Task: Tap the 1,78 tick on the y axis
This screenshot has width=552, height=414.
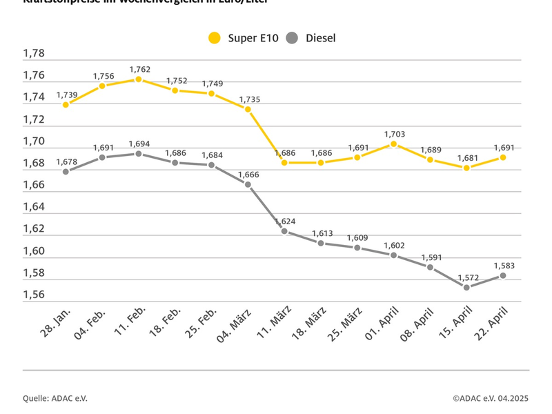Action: pyautogui.click(x=34, y=53)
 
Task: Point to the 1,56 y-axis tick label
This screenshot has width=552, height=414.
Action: pyautogui.click(x=34, y=295)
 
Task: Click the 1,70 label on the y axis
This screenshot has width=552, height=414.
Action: pyautogui.click(x=34, y=141)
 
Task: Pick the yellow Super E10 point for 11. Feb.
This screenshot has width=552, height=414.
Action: pyautogui.click(x=139, y=79)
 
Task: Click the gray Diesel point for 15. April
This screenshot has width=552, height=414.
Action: pyautogui.click(x=466, y=287)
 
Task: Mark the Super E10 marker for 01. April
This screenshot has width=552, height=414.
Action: pyautogui.click(x=393, y=144)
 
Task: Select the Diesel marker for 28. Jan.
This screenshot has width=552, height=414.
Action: pyautogui.click(x=66, y=171)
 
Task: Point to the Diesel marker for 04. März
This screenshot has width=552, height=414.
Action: pyautogui.click(x=248, y=184)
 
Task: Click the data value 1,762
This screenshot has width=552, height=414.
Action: pyautogui.click(x=139, y=69)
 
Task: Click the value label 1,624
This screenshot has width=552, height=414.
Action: pyautogui.click(x=285, y=221)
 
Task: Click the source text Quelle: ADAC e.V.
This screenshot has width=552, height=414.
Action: pyautogui.click(x=55, y=398)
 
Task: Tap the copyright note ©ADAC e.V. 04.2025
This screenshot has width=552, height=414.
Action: pyautogui.click(x=491, y=398)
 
